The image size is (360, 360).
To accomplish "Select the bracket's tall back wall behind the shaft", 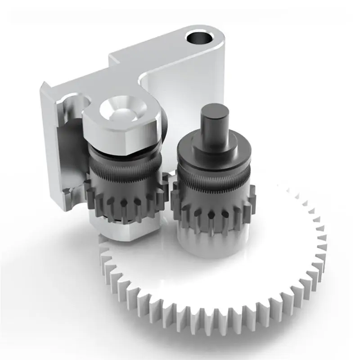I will (180, 90).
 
